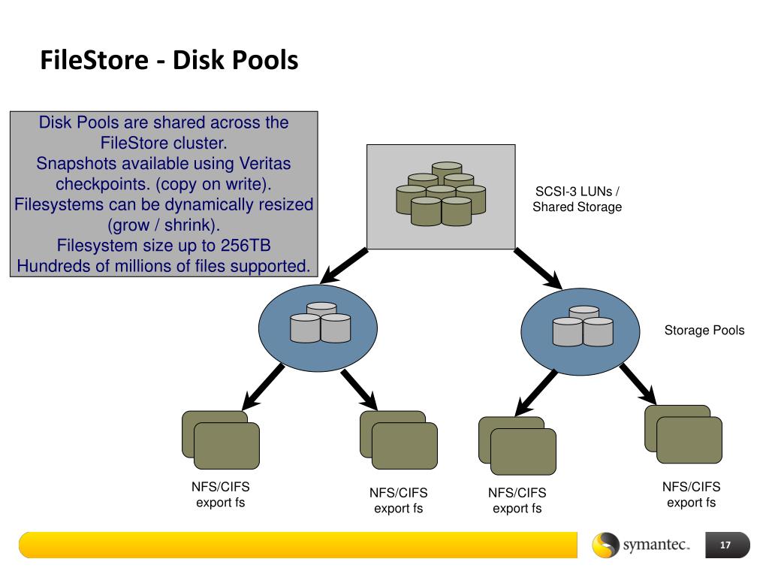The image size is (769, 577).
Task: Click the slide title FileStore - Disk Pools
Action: pyautogui.click(x=169, y=60)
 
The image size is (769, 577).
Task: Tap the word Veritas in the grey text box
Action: pyautogui.click(x=265, y=163)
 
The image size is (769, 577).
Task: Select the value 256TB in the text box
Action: pyautogui.click(x=246, y=246)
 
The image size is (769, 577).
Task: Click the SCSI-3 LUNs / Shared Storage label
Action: pyautogui.click(x=578, y=199)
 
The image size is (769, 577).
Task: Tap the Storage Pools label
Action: pyautogui.click(x=704, y=331)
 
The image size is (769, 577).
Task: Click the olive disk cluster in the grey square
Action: pyautogui.click(x=441, y=194)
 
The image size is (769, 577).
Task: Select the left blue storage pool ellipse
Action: pyautogui.click(x=318, y=328)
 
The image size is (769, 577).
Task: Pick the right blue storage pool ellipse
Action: pyautogui.click(x=581, y=331)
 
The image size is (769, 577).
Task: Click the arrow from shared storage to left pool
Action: pyautogui.click(x=343, y=266)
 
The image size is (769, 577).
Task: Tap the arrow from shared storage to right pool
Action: pyautogui.click(x=538, y=269)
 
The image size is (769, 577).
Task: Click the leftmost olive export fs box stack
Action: pyautogui.click(x=221, y=440)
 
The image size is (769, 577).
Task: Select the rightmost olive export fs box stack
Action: pyautogui.click(x=683, y=434)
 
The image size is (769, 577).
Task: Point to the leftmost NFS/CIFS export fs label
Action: pyautogui.click(x=220, y=494)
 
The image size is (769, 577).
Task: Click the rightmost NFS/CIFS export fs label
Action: pyautogui.click(x=691, y=494)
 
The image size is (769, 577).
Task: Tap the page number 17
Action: pyautogui.click(x=725, y=545)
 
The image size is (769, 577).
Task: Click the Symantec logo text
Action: pyautogui.click(x=656, y=545)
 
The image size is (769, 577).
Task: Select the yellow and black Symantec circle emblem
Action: pyautogui.click(x=606, y=545)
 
